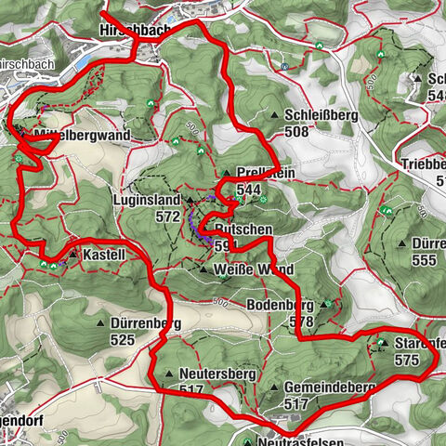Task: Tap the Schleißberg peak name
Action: click(x=321, y=114)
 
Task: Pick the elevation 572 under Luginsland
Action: click(x=168, y=216)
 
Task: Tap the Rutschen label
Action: click(x=243, y=229)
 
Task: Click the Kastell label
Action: click(x=103, y=254)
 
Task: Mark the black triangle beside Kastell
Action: click(x=72, y=254)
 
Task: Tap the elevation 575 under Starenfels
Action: click(x=407, y=359)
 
